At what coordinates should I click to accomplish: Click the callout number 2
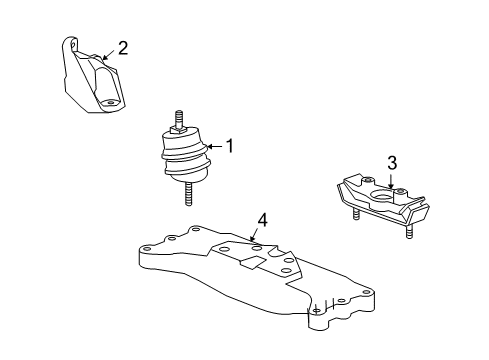pyautogui.click(x=122, y=47)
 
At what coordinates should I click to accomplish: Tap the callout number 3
pyautogui.click(x=393, y=162)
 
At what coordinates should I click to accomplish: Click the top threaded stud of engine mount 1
pyautogui.click(x=180, y=118)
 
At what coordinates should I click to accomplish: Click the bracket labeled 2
pyautogui.click(x=92, y=80)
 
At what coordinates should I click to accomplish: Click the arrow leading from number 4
pyautogui.click(x=257, y=234)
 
